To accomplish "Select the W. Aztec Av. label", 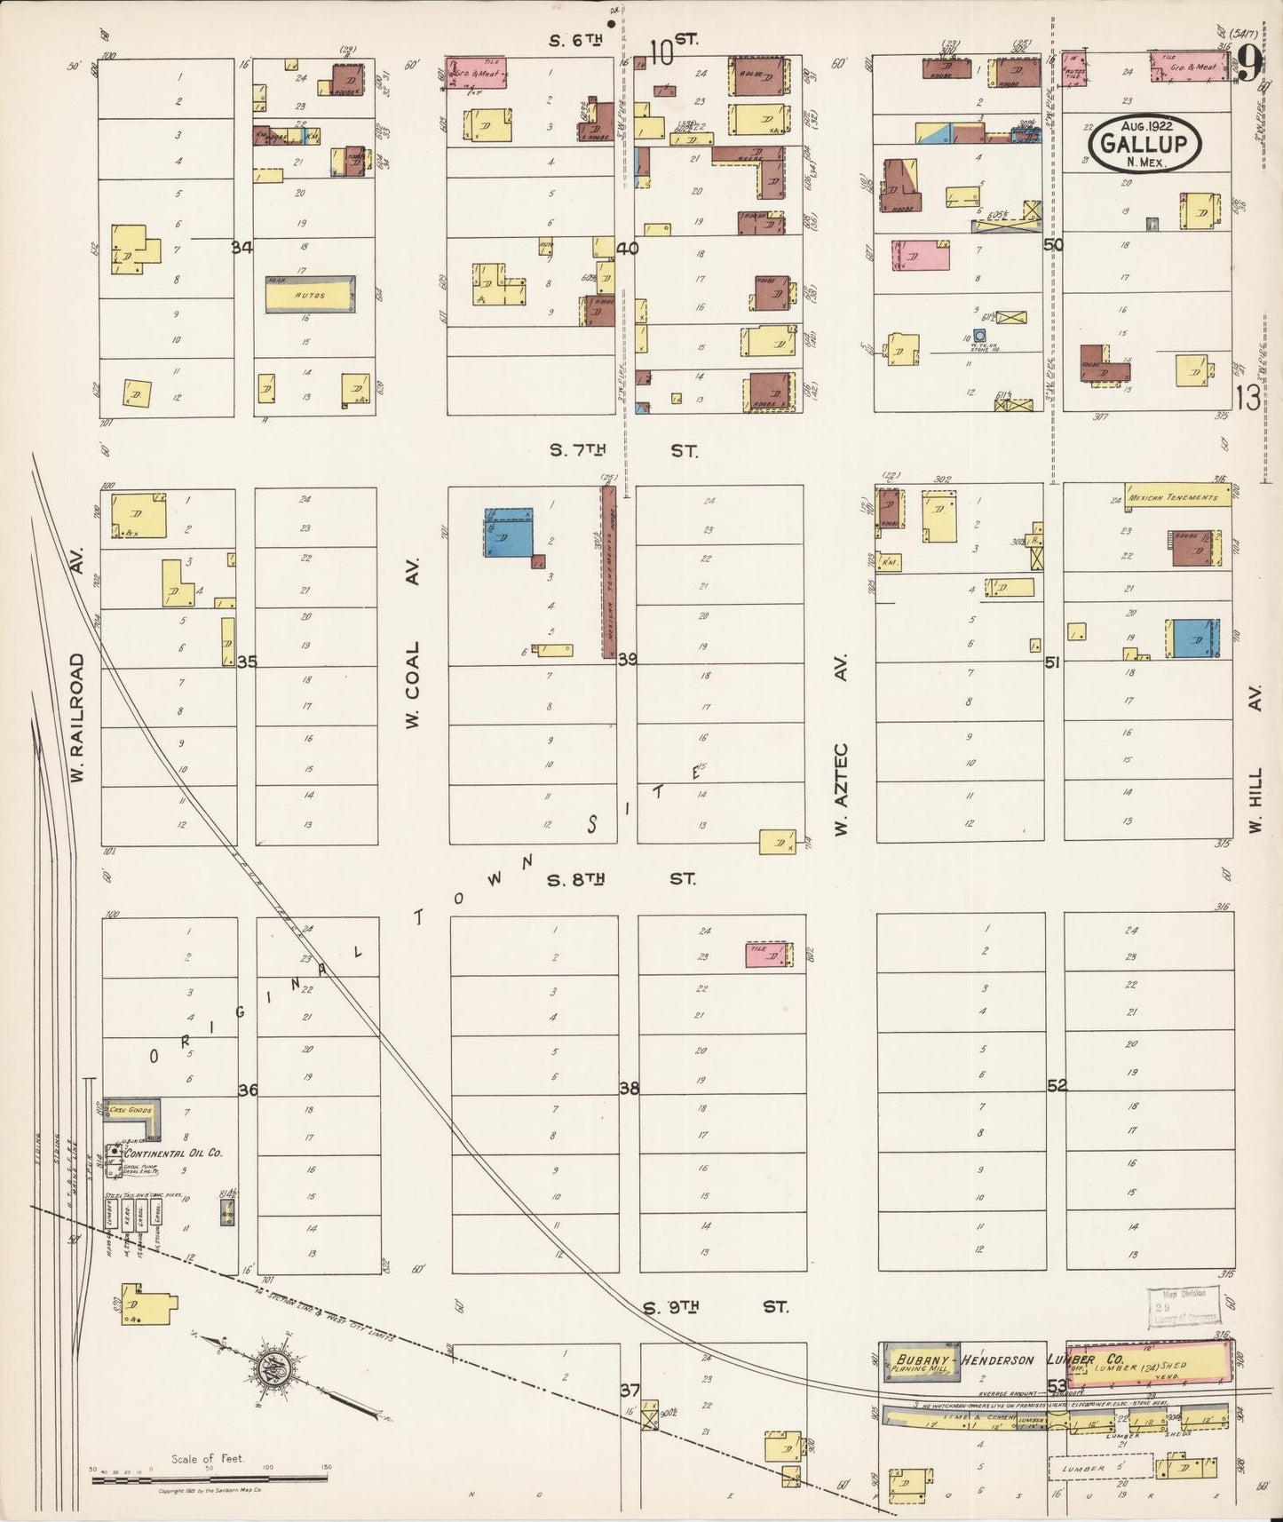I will (841, 744).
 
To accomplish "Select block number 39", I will (628, 659).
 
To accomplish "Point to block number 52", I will (1057, 1085).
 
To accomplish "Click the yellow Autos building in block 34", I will (310, 294).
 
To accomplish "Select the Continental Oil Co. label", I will (178, 1153).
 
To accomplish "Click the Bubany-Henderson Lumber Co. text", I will (1010, 1359).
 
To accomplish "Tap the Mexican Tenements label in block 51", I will (1176, 497).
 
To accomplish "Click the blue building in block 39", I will (508, 532).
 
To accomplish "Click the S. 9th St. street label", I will (716, 1307).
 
